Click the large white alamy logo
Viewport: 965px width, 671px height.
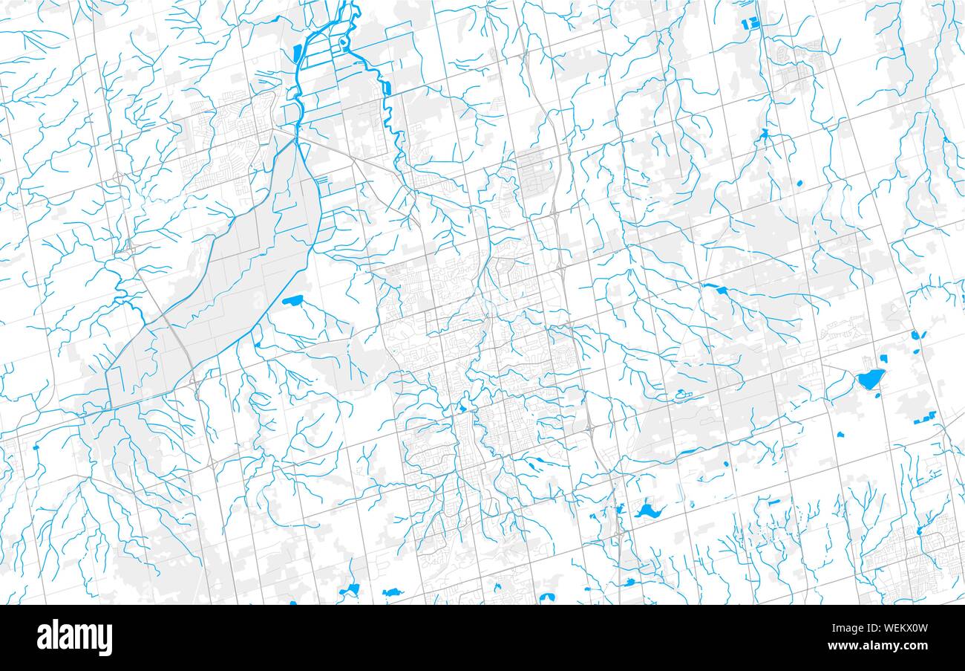tap(74, 638)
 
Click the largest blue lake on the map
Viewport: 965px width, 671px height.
tap(870, 380)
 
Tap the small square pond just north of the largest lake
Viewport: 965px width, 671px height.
tap(863, 360)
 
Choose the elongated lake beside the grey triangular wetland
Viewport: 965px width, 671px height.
tap(292, 301)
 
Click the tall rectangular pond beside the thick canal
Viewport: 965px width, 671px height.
tap(297, 54)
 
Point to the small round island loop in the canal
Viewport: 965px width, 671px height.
tap(342, 42)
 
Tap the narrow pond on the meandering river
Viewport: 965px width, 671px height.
tap(386, 87)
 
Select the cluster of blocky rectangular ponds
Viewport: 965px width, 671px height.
tap(751, 24)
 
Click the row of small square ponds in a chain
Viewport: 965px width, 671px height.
tap(925, 421)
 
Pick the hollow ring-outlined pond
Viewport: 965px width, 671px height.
tap(681, 393)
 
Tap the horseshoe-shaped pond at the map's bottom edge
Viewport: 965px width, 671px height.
tap(547, 597)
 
